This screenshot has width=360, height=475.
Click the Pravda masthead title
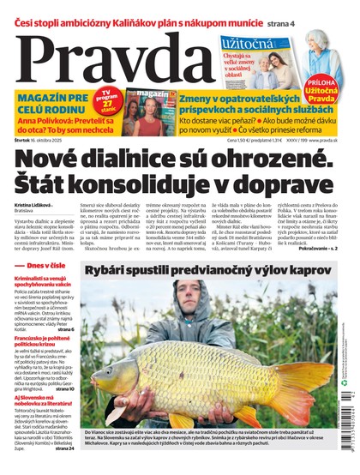(x=111, y=53)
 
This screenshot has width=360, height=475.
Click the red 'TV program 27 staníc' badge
(x=111, y=97)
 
